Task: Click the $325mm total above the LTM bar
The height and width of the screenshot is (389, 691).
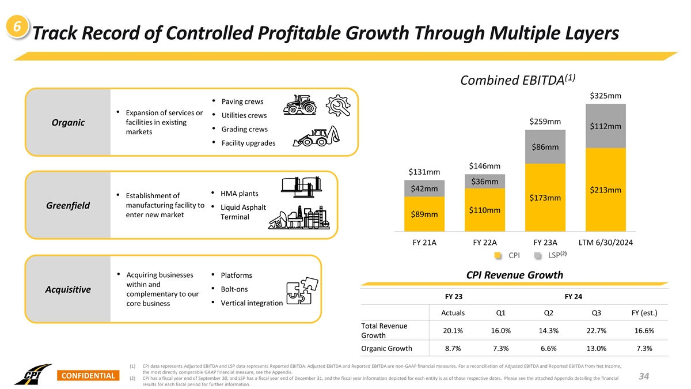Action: pyautogui.click(x=605, y=96)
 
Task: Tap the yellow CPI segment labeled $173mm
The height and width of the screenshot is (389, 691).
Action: pyautogui.click(x=545, y=198)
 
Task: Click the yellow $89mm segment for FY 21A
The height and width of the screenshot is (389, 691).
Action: pyautogui.click(x=424, y=214)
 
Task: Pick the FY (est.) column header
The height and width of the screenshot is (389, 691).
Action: pyautogui.click(x=641, y=313)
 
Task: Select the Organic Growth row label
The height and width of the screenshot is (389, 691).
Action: pyautogui.click(x=386, y=348)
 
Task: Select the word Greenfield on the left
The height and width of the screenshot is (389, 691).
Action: pyautogui.click(x=66, y=206)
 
